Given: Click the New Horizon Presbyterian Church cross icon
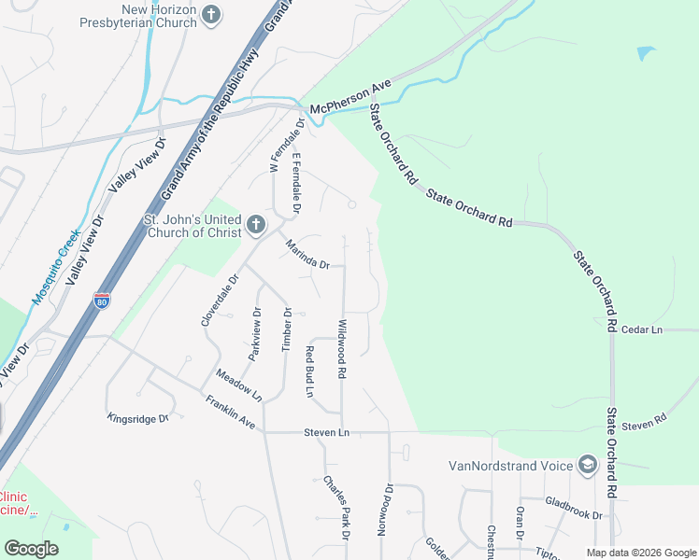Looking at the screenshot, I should (x=212, y=14).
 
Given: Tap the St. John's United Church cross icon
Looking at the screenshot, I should (x=256, y=225).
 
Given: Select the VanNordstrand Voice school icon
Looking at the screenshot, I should (x=588, y=465).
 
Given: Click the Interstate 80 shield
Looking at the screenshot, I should (x=102, y=301).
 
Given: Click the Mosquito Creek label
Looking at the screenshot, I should (x=58, y=273).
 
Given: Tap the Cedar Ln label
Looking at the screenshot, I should (x=641, y=329).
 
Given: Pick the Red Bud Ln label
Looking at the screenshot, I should (x=308, y=371).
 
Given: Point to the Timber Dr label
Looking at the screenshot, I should (x=287, y=330).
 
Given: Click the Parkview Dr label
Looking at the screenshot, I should (x=254, y=333).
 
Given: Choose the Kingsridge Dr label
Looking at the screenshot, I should (x=136, y=418).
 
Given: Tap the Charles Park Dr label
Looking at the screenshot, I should (x=336, y=508).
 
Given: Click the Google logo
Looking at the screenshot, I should (x=31, y=549).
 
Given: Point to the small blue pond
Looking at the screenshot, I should (x=646, y=53).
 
